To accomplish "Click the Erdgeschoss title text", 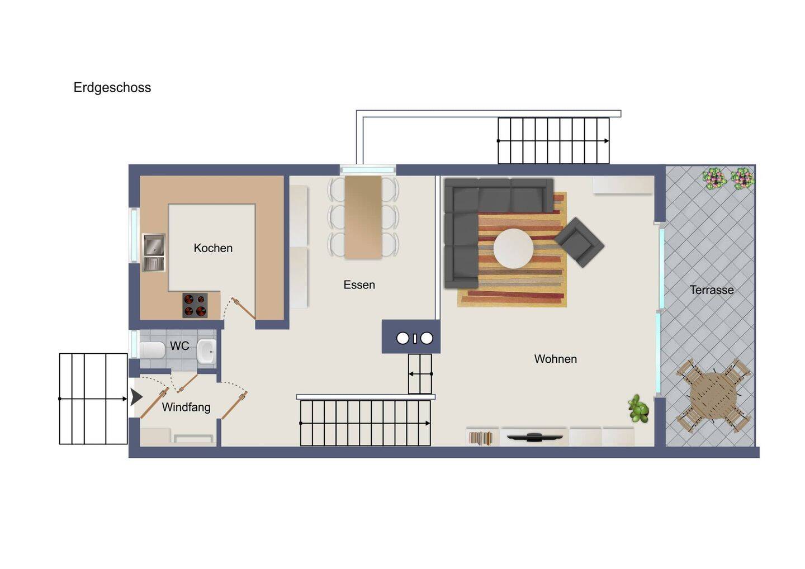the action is tap(112, 88).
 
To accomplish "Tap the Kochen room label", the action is tap(213, 248).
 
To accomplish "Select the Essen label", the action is tap(359, 285).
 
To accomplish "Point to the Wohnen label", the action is tap(555, 359).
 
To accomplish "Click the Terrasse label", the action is tap(712, 290).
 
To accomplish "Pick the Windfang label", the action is tap(186, 407).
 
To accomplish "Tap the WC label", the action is tap(179, 345).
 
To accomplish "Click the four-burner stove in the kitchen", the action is tap(195, 305).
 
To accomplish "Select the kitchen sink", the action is tap(154, 253).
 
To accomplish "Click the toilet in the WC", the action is tap(152, 350).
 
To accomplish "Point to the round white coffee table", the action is tap(513, 249).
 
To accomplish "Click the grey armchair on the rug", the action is tap(579, 242).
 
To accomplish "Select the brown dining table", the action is tap(363, 217).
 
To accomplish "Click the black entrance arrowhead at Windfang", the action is tap(136, 397).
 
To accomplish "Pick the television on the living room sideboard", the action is tap(534, 437).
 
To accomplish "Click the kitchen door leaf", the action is tap(244, 308).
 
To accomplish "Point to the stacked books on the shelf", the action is tap(481, 439).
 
